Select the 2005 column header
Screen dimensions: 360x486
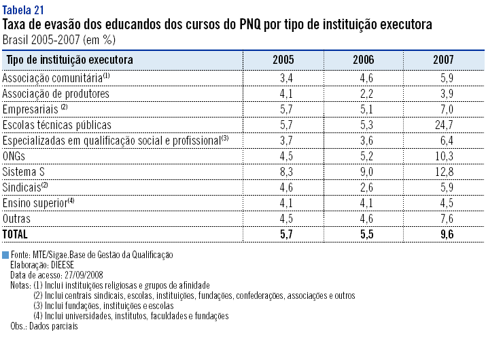pos(283,60)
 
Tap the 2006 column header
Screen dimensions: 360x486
pos(364,60)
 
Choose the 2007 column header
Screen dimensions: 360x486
pos(443,60)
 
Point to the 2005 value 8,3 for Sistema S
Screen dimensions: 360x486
pos(286,171)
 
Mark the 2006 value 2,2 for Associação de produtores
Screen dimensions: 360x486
pos(367,94)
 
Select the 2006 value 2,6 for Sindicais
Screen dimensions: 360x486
pos(367,187)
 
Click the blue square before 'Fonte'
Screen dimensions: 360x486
pos(5,254)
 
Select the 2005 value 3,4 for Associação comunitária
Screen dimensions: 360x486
pos(286,78)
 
